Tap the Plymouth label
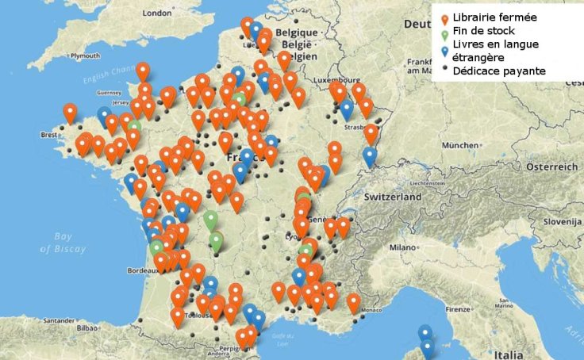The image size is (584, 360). pyautogui.click(x=85, y=56)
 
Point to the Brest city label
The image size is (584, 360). pyautogui.click(x=48, y=135)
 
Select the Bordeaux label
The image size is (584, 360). pyautogui.click(x=142, y=270)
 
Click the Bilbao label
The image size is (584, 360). pyautogui.click(x=86, y=326)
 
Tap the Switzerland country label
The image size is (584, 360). pyautogui.click(x=394, y=196)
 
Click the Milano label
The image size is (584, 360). pyautogui.click(x=402, y=247)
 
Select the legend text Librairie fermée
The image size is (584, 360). pyautogui.click(x=494, y=17)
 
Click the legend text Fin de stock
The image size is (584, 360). pyautogui.click(x=483, y=31)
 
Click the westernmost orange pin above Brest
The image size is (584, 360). pyautogui.click(x=70, y=113)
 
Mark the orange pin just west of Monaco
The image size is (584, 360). pyautogui.click(x=353, y=302)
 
